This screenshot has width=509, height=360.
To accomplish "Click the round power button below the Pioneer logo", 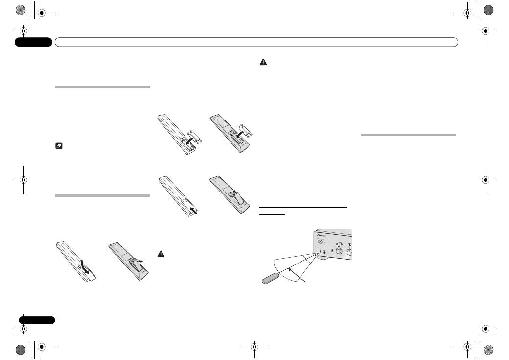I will click(x=321, y=241).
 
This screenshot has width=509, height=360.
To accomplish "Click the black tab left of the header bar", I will click(x=33, y=42).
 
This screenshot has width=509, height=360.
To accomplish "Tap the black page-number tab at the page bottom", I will click(x=37, y=320).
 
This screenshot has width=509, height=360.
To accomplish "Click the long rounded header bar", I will click(x=256, y=42).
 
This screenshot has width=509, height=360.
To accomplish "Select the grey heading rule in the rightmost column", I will click(x=408, y=135).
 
